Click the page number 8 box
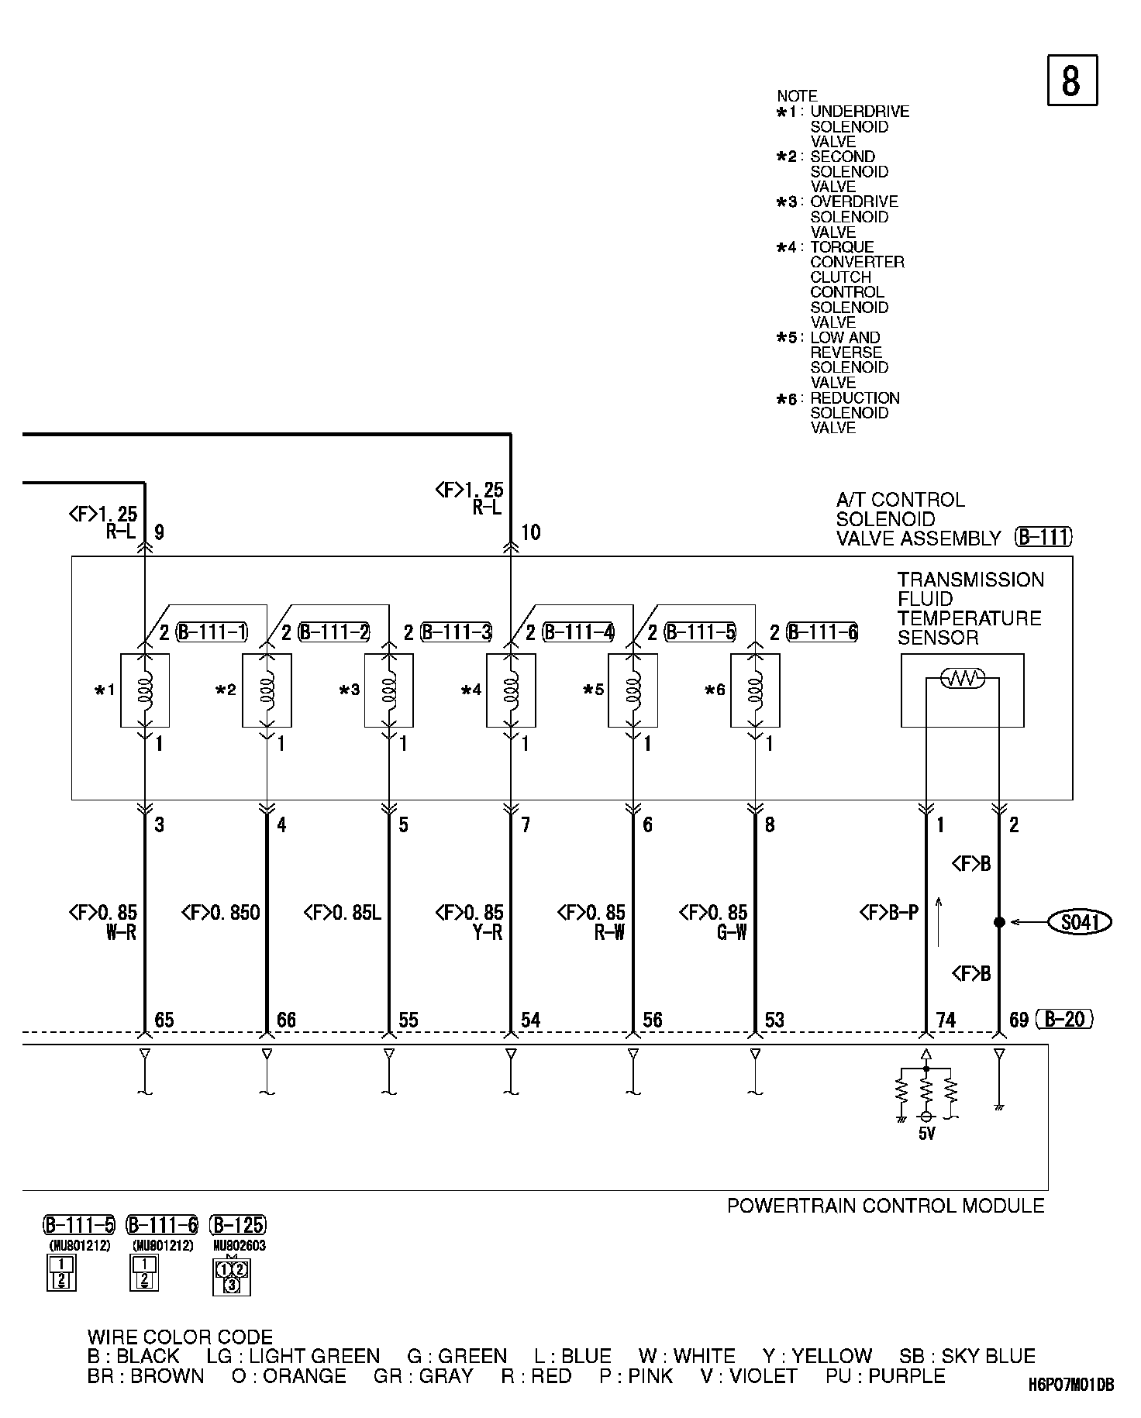pos(1072,80)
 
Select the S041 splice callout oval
pos(1080,922)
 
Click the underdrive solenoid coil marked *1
pos(145,690)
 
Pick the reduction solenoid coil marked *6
pos(755,690)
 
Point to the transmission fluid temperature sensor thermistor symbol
pos(962,679)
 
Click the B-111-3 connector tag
pos(457,632)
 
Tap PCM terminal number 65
pos(164,1020)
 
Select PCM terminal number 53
pos(774,1020)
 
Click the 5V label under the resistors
pos(926,1134)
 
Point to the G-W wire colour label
pos(731,932)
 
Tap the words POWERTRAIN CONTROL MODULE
pos(885,1206)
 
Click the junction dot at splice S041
pos(999,922)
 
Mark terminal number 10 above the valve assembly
pos(530,532)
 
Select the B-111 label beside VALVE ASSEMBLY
pos(1043,537)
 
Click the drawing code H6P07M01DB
pos(1071,1384)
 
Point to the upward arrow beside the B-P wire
pos(939,921)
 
